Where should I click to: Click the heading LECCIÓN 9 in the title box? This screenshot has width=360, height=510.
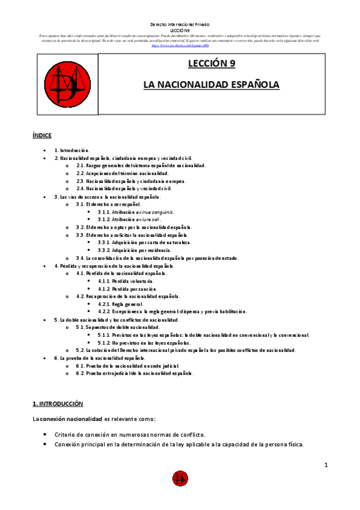(x=211, y=64)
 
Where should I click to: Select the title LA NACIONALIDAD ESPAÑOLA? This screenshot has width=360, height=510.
(x=211, y=85)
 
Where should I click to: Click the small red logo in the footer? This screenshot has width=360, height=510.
(x=180, y=479)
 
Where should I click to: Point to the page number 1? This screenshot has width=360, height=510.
(x=326, y=465)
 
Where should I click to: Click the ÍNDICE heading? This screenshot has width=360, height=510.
(x=42, y=136)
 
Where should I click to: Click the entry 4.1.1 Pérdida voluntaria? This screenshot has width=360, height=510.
(x=126, y=281)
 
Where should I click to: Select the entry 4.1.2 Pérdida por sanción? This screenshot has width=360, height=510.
(x=127, y=289)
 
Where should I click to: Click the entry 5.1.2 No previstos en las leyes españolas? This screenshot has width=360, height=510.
(x=148, y=342)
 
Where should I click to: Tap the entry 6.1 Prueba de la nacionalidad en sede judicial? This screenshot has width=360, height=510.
(x=129, y=366)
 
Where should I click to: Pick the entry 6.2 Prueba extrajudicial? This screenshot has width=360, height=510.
(x=135, y=373)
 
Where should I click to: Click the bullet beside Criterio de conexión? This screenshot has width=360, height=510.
(x=46, y=434)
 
